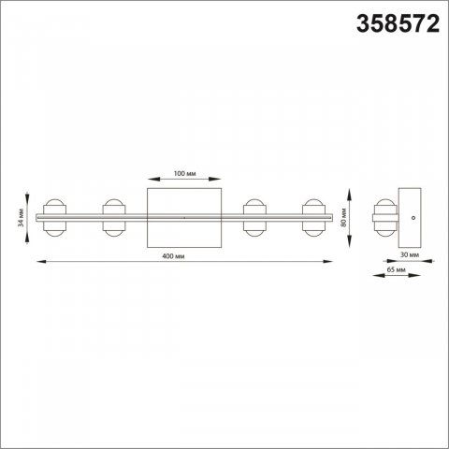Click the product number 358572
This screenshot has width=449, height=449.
(x=398, y=24)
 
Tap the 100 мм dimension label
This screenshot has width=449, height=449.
(x=184, y=173)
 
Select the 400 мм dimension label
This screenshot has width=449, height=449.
(x=173, y=256)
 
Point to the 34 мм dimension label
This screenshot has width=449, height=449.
(x=21, y=218)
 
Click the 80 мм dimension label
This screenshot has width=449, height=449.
(x=343, y=217)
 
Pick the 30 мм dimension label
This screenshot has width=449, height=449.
(x=410, y=254)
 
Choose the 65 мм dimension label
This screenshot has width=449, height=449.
(x=397, y=269)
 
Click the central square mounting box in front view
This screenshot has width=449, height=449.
(x=184, y=218)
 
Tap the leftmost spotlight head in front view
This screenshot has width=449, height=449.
(x=54, y=218)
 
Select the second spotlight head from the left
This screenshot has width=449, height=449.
(x=114, y=218)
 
